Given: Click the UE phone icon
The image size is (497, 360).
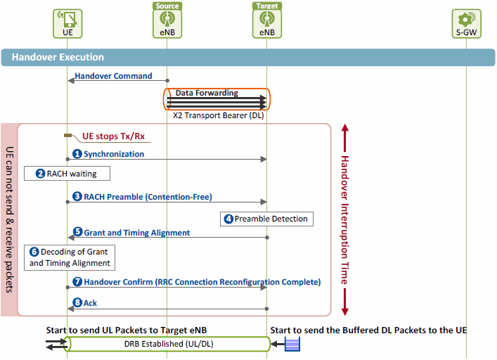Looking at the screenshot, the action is pyautogui.click(x=67, y=19).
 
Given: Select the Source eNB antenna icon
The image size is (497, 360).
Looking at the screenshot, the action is pyautogui.click(x=167, y=19).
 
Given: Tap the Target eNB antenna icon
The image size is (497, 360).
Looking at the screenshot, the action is pyautogui.click(x=267, y=19).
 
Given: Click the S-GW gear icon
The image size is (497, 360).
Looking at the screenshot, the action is pyautogui.click(x=467, y=19).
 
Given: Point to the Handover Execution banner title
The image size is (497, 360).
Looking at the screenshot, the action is pyautogui.click(x=58, y=57).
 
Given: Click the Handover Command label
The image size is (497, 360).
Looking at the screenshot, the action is pyautogui.click(x=113, y=76).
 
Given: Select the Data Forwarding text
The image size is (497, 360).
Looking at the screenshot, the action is pyautogui.click(x=207, y=93).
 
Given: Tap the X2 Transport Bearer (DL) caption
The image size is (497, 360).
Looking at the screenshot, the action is pyautogui.click(x=219, y=115).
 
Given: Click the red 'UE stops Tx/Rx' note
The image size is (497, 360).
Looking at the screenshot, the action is pyautogui.click(x=113, y=136).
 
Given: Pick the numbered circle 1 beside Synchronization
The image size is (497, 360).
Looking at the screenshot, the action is pyautogui.click(x=77, y=154).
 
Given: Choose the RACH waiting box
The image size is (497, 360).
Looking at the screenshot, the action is pyautogui.click(x=67, y=174).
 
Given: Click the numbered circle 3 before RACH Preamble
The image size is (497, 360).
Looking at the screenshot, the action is pyautogui.click(x=77, y=196).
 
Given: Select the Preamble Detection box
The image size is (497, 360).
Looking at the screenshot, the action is pyautogui.click(x=267, y=219).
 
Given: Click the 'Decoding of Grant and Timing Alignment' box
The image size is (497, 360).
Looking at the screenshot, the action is pyautogui.click(x=70, y=257).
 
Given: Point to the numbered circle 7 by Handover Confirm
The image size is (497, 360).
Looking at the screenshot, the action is pyautogui.click(x=77, y=282).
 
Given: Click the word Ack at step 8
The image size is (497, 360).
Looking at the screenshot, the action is pyautogui.click(x=91, y=303).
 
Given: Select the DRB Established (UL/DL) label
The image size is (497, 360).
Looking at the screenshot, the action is pyautogui.click(x=169, y=344).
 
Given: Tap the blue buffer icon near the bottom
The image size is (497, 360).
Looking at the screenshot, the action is pyautogui.click(x=292, y=344).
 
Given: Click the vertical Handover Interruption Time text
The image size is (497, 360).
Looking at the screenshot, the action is pyautogui.click(x=345, y=220).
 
